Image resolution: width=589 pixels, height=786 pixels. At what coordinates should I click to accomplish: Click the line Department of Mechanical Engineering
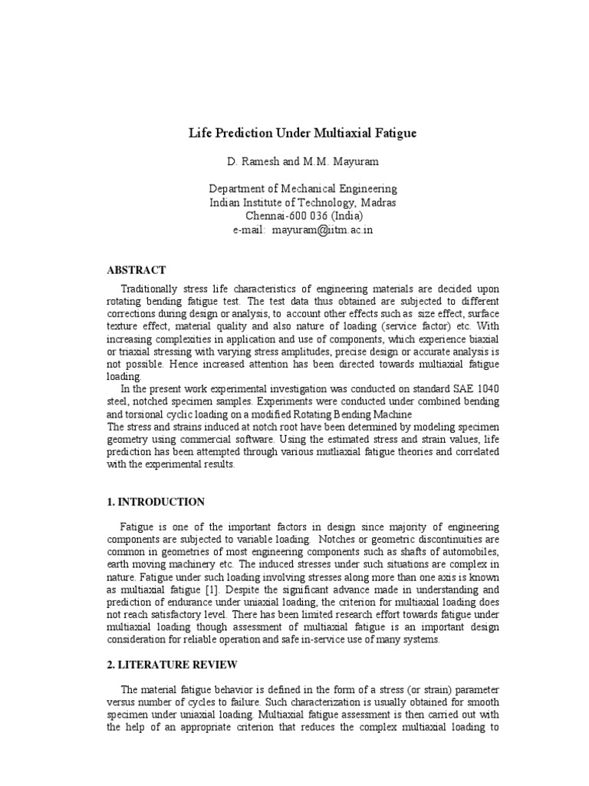(x=303, y=189)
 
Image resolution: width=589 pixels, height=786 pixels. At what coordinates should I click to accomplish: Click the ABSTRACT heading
(x=136, y=269)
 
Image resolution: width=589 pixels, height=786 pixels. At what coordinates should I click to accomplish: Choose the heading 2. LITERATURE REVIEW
(x=171, y=664)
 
